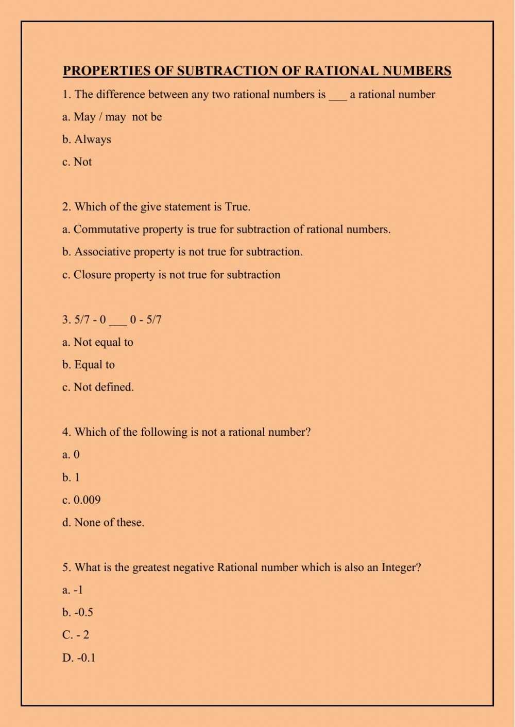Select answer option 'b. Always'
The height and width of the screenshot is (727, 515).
click(x=87, y=139)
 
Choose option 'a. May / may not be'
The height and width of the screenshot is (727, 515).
click(x=112, y=117)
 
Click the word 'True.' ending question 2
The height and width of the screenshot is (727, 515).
click(x=237, y=207)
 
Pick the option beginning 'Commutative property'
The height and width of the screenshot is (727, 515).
click(x=227, y=229)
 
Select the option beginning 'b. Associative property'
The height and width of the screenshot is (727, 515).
click(x=182, y=252)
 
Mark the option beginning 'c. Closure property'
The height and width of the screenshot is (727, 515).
click(x=171, y=275)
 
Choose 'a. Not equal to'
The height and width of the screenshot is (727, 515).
click(x=97, y=342)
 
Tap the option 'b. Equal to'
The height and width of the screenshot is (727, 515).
click(x=89, y=365)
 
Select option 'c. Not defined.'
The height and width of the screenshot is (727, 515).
click(x=98, y=387)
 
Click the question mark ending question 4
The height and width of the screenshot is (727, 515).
click(x=308, y=432)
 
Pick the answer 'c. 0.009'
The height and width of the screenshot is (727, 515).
click(x=81, y=500)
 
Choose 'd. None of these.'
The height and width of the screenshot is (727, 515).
click(x=103, y=523)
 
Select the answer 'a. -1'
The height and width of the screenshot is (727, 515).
click(x=73, y=590)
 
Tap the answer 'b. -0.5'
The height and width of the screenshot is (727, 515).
click(x=78, y=613)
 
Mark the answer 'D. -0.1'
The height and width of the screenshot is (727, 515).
click(x=79, y=658)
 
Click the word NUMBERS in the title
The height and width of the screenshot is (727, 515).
click(x=417, y=71)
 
